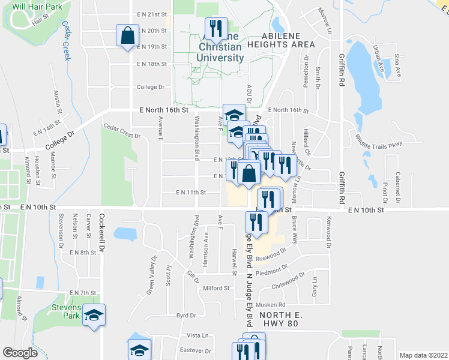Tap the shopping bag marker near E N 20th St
click(x=128, y=35)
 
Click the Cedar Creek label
click(x=66, y=41)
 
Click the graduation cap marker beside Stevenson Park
click(x=94, y=315)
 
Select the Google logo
click(x=20, y=353)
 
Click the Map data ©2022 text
click(x=423, y=355)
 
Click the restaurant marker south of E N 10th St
click(x=256, y=223)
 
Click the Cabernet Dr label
click(x=397, y=182)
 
